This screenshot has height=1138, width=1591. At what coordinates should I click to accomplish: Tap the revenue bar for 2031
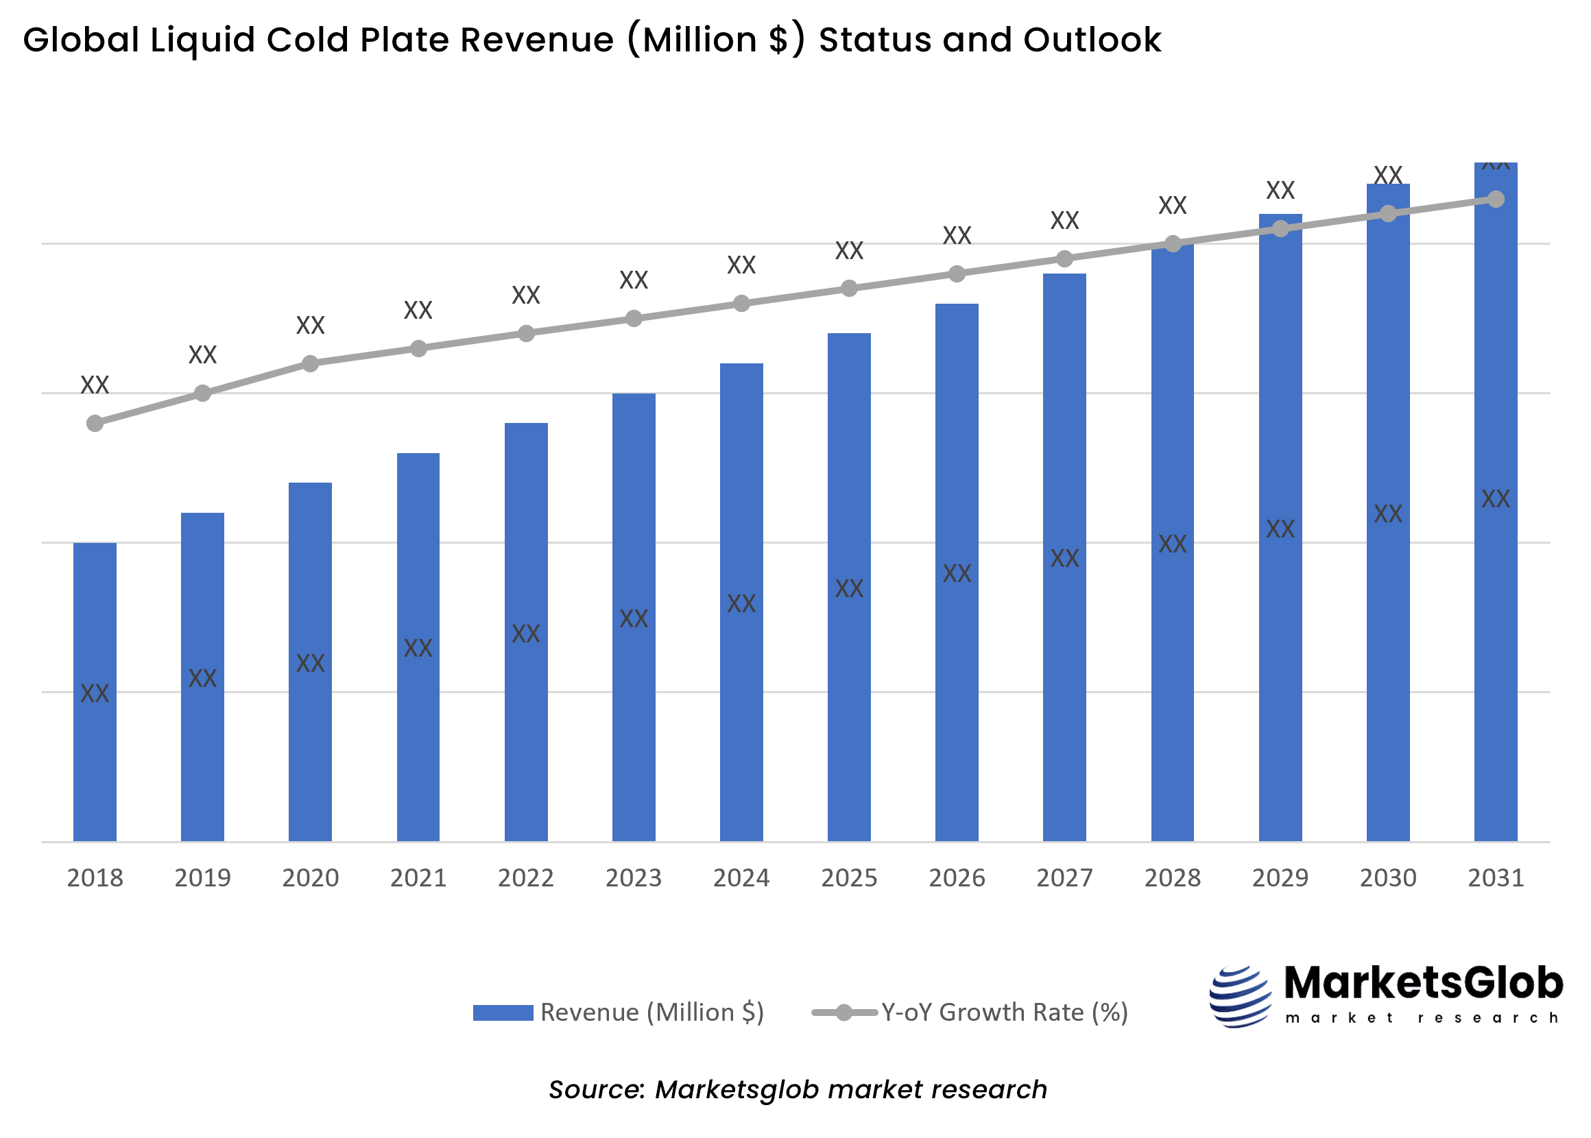pyautogui.click(x=1495, y=631)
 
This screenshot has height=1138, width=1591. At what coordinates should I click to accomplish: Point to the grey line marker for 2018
pyautogui.click(x=95, y=423)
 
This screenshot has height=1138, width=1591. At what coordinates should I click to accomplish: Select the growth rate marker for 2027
pyautogui.click(x=1064, y=259)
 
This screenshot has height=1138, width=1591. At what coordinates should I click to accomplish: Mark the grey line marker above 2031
pyautogui.click(x=1495, y=199)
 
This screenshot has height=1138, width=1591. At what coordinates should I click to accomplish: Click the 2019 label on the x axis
pyautogui.click(x=202, y=878)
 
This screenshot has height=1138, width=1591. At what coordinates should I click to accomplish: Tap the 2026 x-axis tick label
pyautogui.click(x=957, y=878)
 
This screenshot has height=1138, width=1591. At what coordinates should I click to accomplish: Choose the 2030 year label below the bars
pyautogui.click(x=1388, y=878)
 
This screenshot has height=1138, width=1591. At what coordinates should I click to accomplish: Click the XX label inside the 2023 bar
pyautogui.click(x=634, y=619)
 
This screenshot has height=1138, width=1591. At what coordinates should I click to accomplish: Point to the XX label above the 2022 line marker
pyautogui.click(x=526, y=295)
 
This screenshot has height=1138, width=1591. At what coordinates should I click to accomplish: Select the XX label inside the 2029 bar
pyautogui.click(x=1280, y=529)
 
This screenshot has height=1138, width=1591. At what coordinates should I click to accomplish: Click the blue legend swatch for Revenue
pyautogui.click(x=503, y=1013)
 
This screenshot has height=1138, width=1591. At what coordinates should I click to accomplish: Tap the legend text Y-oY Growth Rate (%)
pyautogui.click(x=1004, y=1013)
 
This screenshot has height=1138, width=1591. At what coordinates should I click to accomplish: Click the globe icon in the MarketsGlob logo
pyautogui.click(x=1239, y=997)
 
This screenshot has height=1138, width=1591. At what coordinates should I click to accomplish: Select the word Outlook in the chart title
pyautogui.click(x=1091, y=40)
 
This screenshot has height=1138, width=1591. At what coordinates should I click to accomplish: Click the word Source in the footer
pyautogui.click(x=596, y=1089)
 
